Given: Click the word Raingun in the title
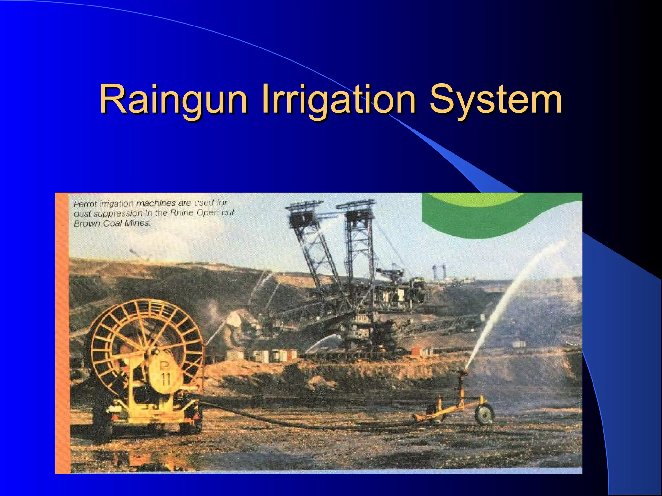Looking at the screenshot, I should click(x=173, y=99).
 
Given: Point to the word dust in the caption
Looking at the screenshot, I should click(x=82, y=214).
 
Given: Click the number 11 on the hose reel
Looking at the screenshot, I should click(x=166, y=378).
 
